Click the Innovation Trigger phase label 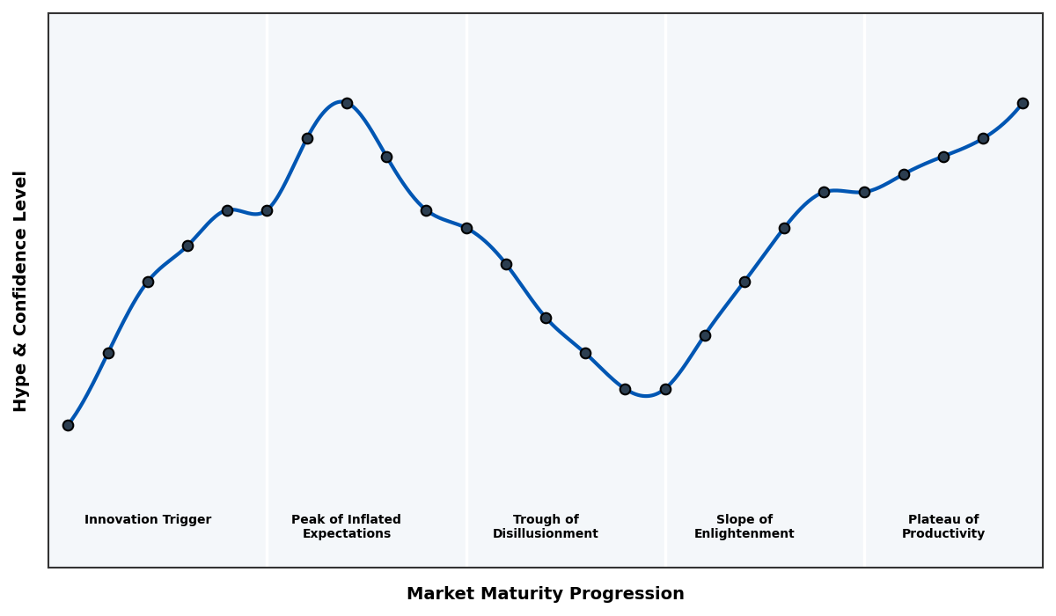click(x=148, y=520)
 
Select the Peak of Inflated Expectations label click(x=346, y=526)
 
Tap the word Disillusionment click(x=545, y=534)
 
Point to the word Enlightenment click(x=744, y=534)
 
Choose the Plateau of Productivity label click(x=942, y=526)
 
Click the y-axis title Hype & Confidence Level click(x=21, y=290)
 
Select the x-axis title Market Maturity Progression click(x=545, y=594)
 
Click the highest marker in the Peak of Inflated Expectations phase click(x=347, y=103)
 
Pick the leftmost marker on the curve click(x=68, y=425)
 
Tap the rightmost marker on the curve click(x=1023, y=103)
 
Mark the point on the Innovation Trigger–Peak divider click(x=267, y=210)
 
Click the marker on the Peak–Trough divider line click(x=466, y=228)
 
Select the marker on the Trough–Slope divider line click(x=665, y=389)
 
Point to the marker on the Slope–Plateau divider click(x=864, y=192)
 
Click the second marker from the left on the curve click(x=108, y=353)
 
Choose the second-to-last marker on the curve click(x=983, y=138)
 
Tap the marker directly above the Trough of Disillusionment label click(x=546, y=318)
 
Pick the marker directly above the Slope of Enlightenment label click(x=744, y=282)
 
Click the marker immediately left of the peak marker click(x=307, y=138)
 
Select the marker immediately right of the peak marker click(x=386, y=157)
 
